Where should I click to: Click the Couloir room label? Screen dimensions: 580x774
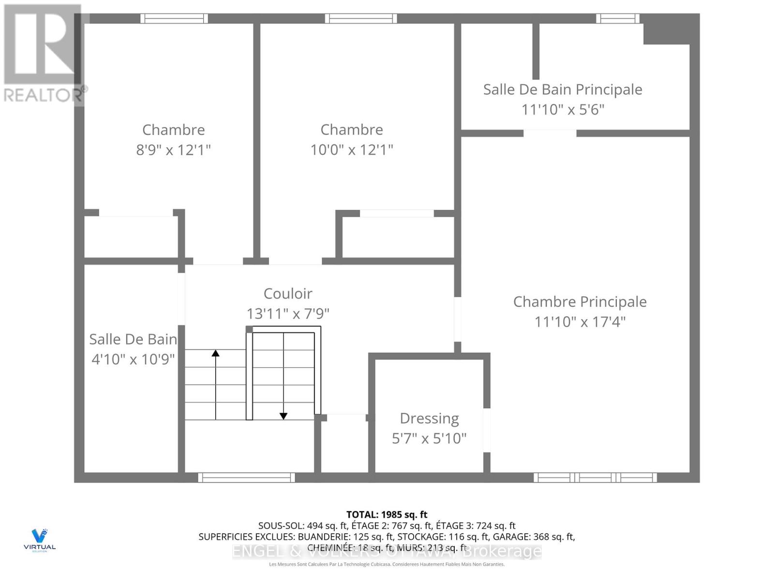pos(288,293)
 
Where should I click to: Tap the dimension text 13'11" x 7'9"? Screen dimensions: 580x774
pos(288,314)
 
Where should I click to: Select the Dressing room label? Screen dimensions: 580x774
pos(429,418)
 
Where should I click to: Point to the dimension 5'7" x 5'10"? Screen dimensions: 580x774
pos(429,438)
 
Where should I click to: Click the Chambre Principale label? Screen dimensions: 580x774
pos(580,302)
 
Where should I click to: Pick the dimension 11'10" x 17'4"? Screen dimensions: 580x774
pos(580,322)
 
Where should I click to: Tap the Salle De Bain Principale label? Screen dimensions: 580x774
pos(563,89)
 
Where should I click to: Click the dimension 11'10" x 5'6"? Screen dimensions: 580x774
pos(563,110)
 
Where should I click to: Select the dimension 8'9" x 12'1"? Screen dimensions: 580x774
pos(173,150)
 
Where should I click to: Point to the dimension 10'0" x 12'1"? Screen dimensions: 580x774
pos(352,150)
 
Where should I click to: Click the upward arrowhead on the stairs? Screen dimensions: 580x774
pos(216,353)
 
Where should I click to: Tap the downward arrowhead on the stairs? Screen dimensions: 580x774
pos(283,416)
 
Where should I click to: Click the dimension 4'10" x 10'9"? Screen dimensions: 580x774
pos(133,360)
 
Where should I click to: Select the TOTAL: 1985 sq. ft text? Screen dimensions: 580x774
pos(387,514)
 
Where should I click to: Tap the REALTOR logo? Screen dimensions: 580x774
pos(44,53)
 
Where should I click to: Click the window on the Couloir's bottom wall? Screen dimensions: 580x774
pos(246,478)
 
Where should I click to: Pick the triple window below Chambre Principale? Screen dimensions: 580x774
pos(595,478)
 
